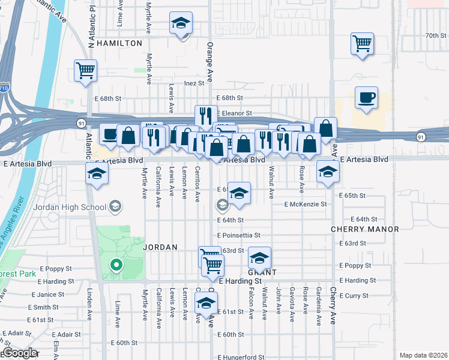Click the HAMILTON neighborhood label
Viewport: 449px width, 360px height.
[x=119, y=43]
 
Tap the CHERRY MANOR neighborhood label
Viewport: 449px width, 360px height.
[x=365, y=229]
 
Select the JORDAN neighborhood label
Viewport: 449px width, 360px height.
[x=160, y=247]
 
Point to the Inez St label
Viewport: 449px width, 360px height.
[x=194, y=83]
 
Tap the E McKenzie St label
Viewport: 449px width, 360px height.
[x=306, y=204]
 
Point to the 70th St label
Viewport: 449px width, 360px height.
[x=433, y=36]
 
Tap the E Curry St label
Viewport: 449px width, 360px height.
[x=357, y=296]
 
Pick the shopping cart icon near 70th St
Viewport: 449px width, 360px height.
[x=362, y=43]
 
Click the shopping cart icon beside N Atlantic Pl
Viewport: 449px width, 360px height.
[x=85, y=70]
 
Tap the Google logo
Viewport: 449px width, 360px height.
[x=19, y=353]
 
